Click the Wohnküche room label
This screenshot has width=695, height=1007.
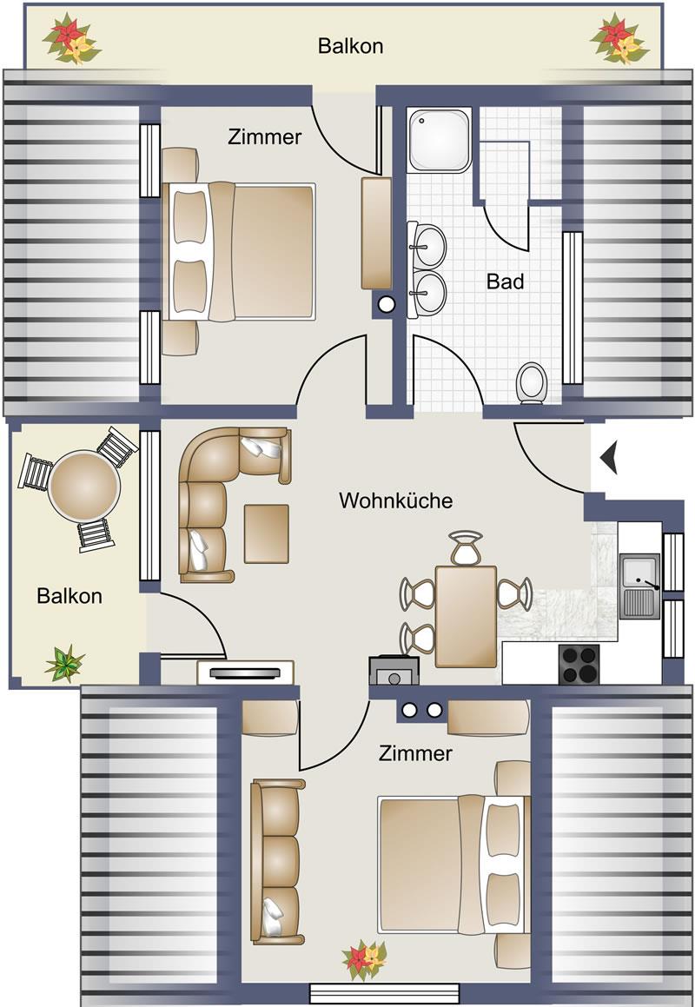tap(395, 500)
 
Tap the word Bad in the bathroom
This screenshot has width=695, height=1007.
tap(505, 282)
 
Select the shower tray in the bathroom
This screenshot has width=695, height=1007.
tap(440, 140)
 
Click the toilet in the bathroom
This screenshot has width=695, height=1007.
tap(532, 383)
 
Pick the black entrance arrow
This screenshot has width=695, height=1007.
tap(609, 457)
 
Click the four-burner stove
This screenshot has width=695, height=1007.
tap(579, 664)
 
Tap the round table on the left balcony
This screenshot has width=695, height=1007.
tap(84, 486)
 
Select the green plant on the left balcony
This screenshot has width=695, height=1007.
tap(64, 664)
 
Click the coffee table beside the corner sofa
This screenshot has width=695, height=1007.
tap(267, 533)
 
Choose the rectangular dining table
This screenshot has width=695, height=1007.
tap(466, 617)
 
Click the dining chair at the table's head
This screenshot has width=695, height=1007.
tap(466, 547)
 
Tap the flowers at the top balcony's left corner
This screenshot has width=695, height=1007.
tap(71, 38)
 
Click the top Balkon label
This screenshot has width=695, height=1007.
tap(351, 46)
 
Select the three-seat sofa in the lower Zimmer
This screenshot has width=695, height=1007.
tap(277, 861)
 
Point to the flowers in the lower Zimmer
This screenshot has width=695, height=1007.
tap(365, 960)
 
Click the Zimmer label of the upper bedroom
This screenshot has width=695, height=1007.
tap(265, 136)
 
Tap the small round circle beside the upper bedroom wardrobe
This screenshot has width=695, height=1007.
tap(386, 304)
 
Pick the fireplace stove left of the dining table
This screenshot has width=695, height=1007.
tap(394, 671)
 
